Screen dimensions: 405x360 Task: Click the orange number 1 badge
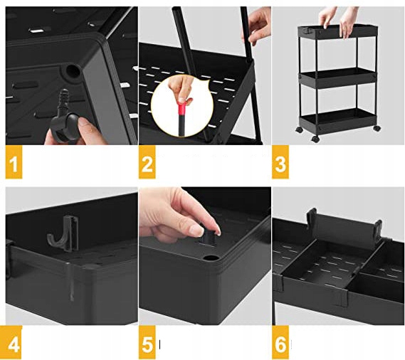pyautogui.click(x=14, y=162)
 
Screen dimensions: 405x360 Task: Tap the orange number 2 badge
pyautogui.click(x=147, y=162)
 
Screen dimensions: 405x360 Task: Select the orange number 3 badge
pyautogui.click(x=280, y=162)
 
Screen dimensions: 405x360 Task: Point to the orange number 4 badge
pyautogui.click(x=14, y=342)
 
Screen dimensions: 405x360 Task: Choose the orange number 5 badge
pyautogui.click(x=147, y=342)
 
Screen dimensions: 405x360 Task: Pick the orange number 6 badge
pyautogui.click(x=280, y=342)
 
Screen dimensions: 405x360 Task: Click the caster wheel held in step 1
pyautogui.click(x=65, y=127)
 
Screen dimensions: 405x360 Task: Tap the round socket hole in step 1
pyautogui.click(x=73, y=70)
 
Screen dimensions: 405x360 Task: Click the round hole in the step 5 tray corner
pyautogui.click(x=211, y=258)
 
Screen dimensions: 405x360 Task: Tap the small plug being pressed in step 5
pyautogui.click(x=209, y=236)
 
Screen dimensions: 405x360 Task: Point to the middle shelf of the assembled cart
pyautogui.click(x=337, y=78)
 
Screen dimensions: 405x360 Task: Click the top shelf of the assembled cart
pyautogui.click(x=337, y=32)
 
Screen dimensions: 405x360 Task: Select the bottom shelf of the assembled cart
pyautogui.click(x=337, y=121)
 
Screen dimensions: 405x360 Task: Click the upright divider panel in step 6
pyautogui.click(x=344, y=227)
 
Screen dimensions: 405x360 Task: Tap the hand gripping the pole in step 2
pyautogui.click(x=257, y=24)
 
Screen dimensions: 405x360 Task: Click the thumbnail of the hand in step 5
pyautogui.click(x=197, y=230)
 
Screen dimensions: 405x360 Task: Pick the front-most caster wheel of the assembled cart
pyautogui.click(x=315, y=139)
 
